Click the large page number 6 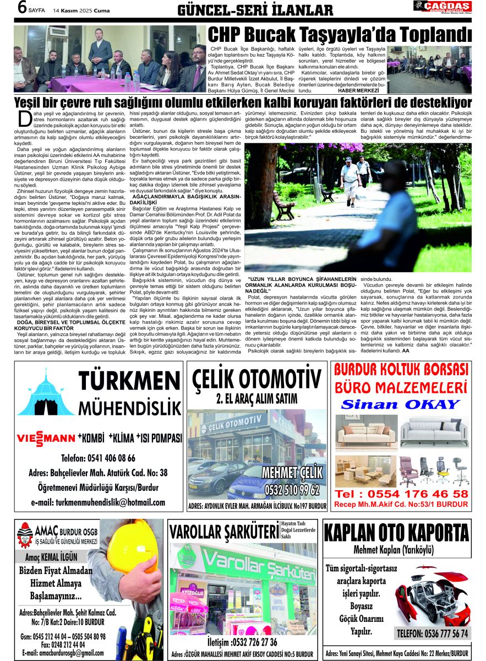23,8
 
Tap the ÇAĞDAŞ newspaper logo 442,7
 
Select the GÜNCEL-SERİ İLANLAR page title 255,9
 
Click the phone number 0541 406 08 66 98,458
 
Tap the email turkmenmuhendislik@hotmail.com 98,502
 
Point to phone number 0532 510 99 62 292,489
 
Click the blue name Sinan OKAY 400,404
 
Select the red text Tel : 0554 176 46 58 402,494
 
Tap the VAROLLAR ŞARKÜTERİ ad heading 224,533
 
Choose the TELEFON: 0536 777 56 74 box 432,633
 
